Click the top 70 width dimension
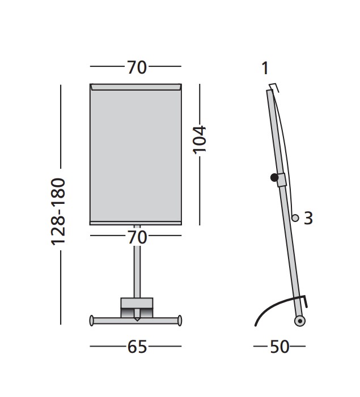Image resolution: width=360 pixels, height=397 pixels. click(137, 67)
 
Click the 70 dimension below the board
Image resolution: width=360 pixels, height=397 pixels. click(137, 237)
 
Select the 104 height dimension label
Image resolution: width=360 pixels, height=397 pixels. click(200, 139)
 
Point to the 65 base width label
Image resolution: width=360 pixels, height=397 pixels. click(137, 347)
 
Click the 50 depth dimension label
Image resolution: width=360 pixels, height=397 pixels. click(279, 347)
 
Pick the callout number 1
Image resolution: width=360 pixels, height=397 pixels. click(265, 68)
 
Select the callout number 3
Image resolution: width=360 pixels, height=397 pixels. click(308, 218)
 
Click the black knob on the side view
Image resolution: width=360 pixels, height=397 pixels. click(274, 177)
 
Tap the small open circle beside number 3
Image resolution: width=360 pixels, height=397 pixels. click(295, 217)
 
